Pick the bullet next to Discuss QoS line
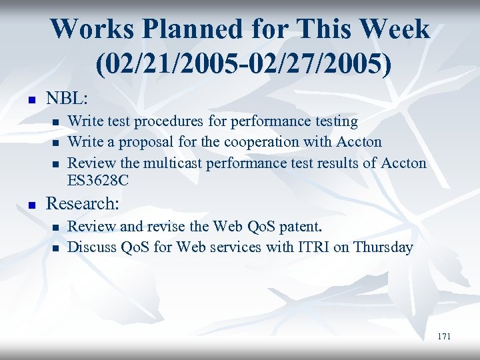pos(55,249)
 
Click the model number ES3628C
pos(99,180)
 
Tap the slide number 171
pos(444,337)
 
